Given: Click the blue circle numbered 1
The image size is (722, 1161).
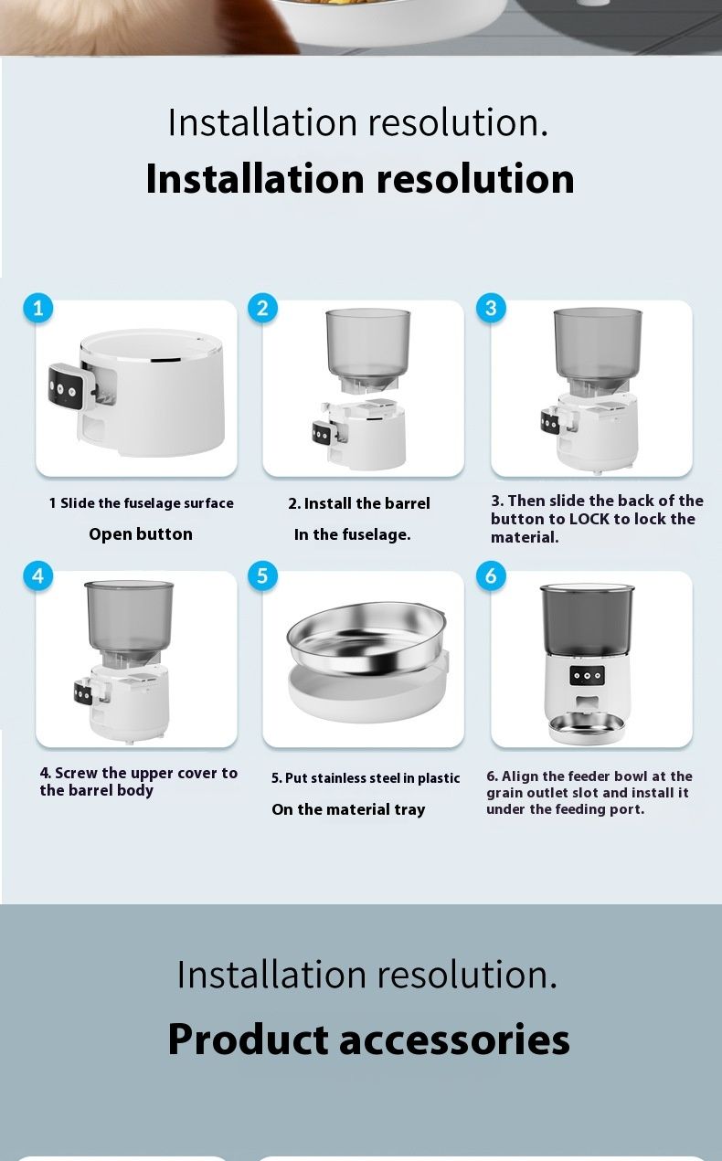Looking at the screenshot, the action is pos(37,309).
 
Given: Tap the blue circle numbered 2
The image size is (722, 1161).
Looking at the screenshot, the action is pos(262,309).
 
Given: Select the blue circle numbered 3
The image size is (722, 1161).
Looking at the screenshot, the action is pos(491,309).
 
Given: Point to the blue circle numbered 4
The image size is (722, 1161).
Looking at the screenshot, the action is pos(37,575).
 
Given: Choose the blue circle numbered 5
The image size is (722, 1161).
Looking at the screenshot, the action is pos(262,575).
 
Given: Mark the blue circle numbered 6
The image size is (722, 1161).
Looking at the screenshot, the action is pos(491,575).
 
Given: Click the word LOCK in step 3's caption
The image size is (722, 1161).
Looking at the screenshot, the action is pos(589,519).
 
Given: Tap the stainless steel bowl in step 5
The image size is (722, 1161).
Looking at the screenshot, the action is pos(366,638).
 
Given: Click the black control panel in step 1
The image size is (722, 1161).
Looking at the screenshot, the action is pos(66,387).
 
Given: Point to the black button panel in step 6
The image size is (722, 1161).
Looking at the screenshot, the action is pos(587,676).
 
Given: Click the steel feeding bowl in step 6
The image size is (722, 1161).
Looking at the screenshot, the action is pos(587,728).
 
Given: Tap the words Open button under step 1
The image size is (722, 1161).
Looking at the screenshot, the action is pos(141,534).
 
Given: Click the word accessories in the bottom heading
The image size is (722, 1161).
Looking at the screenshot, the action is pos(454,1040).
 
